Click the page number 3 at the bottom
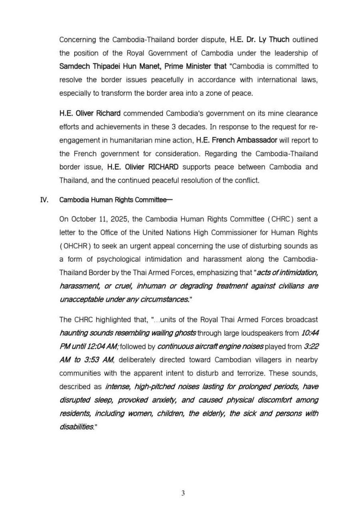pos(183,493)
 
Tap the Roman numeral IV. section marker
pos(44,200)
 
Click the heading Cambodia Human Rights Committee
pos(112,200)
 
